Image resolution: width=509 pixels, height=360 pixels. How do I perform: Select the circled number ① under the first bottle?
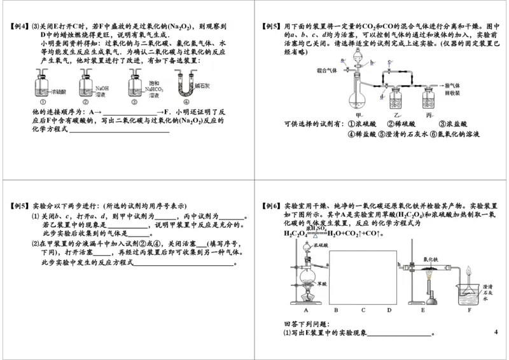pyautogui.click(x=43, y=102)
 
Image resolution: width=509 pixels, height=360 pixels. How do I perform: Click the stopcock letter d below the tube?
pyautogui.click(x=381, y=97)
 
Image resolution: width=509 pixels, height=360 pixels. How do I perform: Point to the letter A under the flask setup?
pyautogui.click(x=305, y=310)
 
